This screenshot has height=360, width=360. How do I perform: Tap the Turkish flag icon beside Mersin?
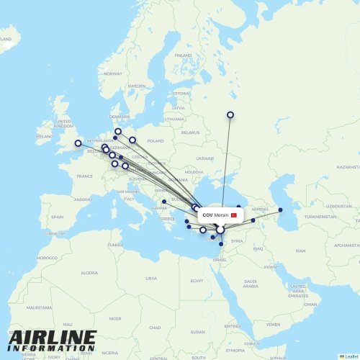(x=233, y=215)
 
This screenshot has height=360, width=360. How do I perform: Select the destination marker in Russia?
(x=230, y=114)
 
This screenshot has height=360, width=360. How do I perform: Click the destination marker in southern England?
(x=78, y=143)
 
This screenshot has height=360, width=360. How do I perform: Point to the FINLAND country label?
(x=184, y=55)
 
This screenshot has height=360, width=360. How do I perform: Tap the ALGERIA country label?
(x=89, y=273)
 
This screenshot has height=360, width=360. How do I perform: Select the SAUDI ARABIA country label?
(x=251, y=283)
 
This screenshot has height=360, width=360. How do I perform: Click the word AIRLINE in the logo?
(x=52, y=338)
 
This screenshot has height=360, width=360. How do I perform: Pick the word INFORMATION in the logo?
(x=52, y=348)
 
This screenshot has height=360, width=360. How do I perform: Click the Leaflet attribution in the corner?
(x=348, y=356)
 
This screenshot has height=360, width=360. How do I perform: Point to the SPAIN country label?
(x=57, y=217)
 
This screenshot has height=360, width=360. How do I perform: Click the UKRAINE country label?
(x=205, y=158)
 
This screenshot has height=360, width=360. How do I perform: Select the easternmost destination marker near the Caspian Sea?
(x=281, y=210)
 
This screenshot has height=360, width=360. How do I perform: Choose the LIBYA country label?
(x=150, y=278)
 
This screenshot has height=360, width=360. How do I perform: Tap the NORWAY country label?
(x=113, y=73)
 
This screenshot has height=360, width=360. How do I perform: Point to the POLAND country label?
(x=155, y=141)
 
